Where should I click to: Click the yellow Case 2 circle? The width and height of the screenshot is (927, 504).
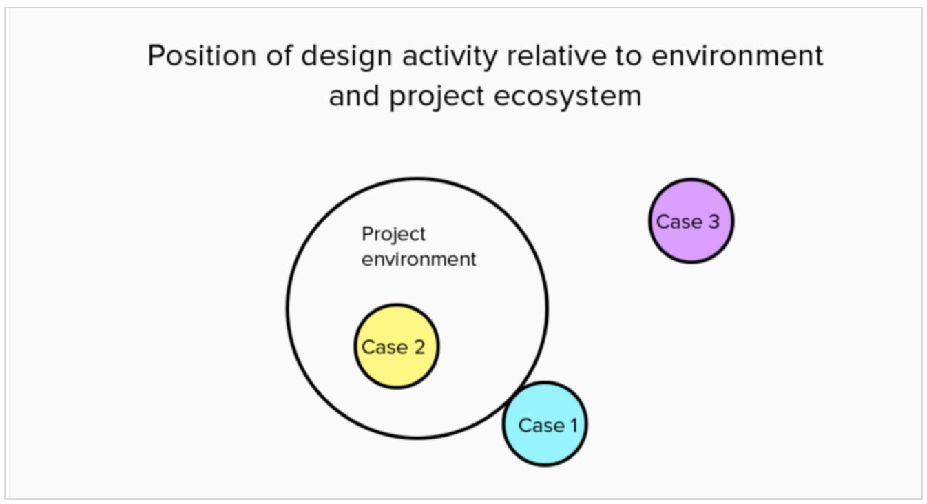point(397,346)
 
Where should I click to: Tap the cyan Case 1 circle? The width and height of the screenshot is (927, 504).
point(545,423)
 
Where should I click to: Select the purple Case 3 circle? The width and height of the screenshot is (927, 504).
point(691,220)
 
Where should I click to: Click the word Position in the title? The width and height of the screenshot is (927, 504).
point(202,56)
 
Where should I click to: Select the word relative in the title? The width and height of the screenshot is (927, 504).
point(556,56)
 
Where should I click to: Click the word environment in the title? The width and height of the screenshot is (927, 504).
point(738,56)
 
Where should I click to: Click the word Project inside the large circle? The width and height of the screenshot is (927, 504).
point(393,235)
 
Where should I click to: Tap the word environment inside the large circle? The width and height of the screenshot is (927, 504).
point(419,260)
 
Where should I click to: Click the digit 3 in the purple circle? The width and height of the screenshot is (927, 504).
point(714,222)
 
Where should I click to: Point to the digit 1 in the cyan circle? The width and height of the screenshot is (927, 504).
point(573,426)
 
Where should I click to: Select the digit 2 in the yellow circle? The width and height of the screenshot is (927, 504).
point(419,347)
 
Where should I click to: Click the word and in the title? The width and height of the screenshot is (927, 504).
point(354,96)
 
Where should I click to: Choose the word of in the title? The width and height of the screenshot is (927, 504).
point(279,56)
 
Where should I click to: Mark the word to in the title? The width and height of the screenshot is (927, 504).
point(629,56)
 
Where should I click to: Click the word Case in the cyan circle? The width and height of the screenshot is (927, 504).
point(541,426)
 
